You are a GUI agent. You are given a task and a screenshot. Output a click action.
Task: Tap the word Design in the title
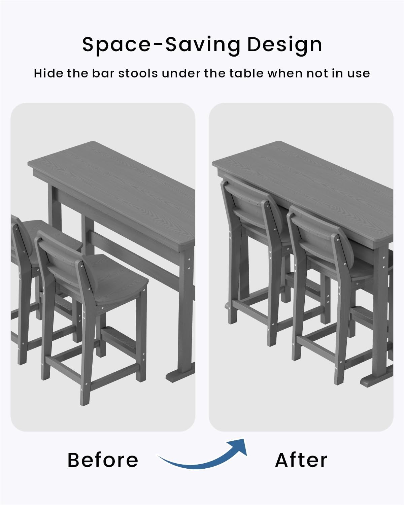(x=284, y=45)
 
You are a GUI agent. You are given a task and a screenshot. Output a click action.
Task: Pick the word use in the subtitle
(x=359, y=73)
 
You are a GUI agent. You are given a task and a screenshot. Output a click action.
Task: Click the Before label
(x=103, y=460)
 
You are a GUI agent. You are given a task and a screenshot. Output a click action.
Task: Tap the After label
(x=301, y=460)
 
